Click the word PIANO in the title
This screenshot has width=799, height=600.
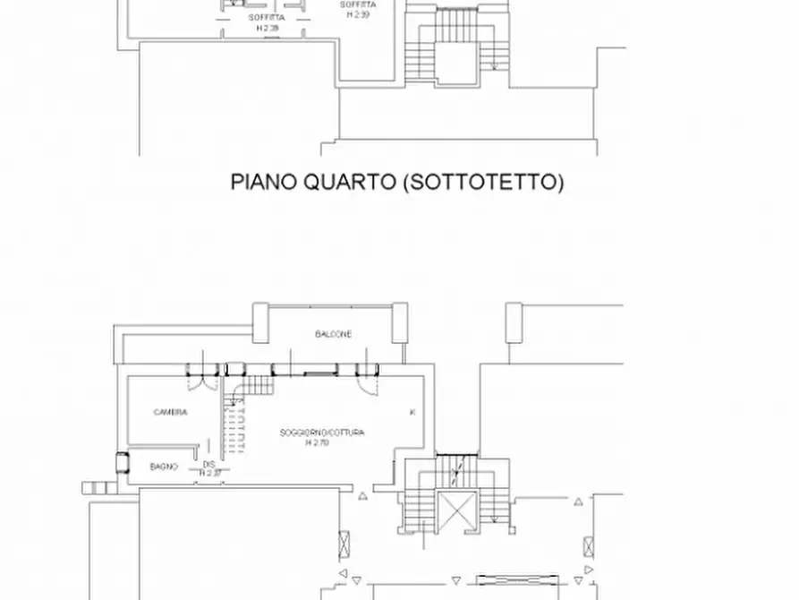[261, 183]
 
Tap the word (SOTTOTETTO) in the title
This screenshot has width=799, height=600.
[483, 183]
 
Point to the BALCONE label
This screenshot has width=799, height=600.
[333, 334]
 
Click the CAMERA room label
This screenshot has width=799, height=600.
[170, 413]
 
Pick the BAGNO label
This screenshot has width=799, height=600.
[164, 466]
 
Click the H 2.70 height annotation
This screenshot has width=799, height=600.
[318, 442]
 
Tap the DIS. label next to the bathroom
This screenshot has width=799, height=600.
[208, 464]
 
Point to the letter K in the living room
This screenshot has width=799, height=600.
[412, 412]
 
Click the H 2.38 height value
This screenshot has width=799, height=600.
[267, 28]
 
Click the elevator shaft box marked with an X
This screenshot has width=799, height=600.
[457, 511]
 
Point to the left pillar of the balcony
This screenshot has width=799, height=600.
[261, 320]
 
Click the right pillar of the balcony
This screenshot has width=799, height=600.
[401, 320]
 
